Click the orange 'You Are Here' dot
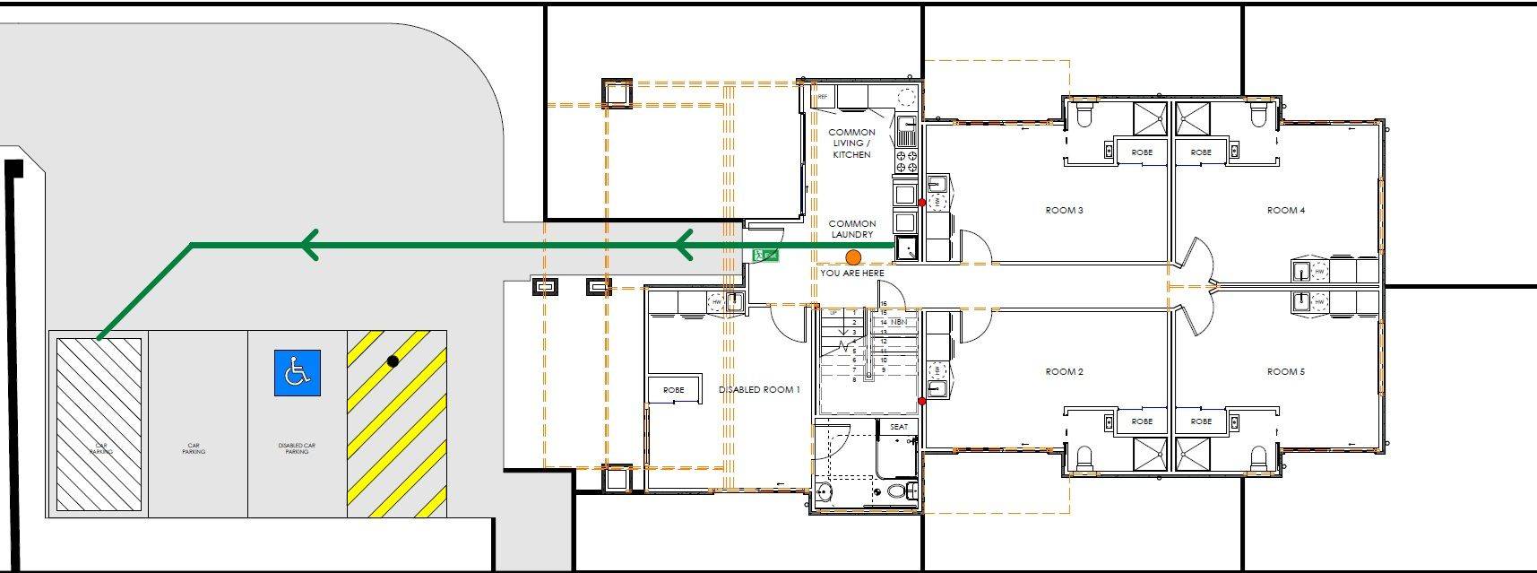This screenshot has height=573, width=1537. click(x=853, y=257)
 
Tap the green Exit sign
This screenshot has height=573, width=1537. click(x=765, y=256)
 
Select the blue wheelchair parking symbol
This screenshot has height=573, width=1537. click(x=297, y=372)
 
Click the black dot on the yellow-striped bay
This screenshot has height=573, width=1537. click(x=393, y=361)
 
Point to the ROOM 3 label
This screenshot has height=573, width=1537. click(x=1064, y=211)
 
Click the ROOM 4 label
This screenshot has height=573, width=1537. click(x=1285, y=211)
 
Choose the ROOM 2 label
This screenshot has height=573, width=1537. click(x=1064, y=371)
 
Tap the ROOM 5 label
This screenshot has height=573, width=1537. click(x=1285, y=371)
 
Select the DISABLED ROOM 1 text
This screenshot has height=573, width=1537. click(x=759, y=390)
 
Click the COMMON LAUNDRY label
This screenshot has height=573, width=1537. click(x=852, y=230)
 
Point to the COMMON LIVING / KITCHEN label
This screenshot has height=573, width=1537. click(x=851, y=143)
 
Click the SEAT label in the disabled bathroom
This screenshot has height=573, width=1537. click(x=898, y=427)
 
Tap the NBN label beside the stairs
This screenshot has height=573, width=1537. click(x=899, y=322)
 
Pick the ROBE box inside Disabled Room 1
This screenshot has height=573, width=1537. click(x=673, y=390)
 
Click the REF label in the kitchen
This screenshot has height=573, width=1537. click(x=822, y=93)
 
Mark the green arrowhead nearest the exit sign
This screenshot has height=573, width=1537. click(x=685, y=244)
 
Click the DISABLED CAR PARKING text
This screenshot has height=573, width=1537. click(x=297, y=448)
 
